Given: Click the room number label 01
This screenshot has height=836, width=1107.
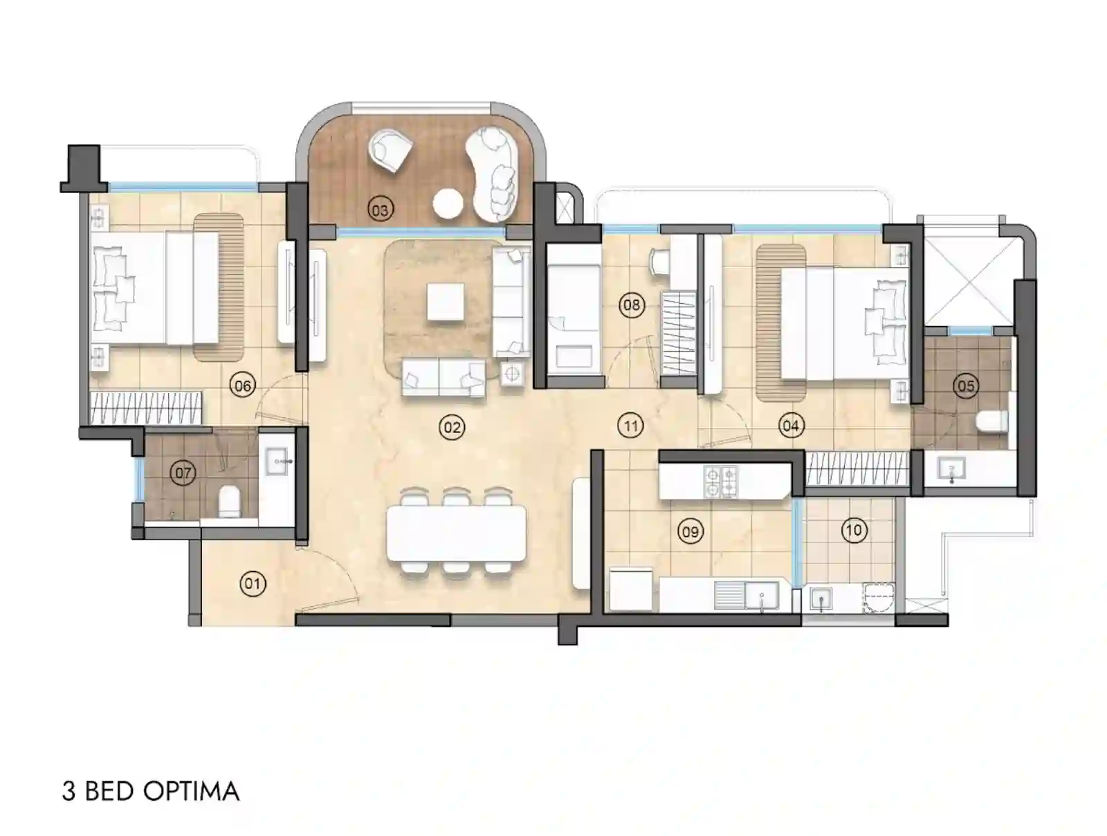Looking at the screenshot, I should click(253, 583).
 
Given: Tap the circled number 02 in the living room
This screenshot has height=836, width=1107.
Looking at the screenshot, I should click(452, 427).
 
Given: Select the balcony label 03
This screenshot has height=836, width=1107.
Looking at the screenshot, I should click(380, 209).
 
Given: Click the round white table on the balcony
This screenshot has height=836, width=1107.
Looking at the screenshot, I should click(448, 203).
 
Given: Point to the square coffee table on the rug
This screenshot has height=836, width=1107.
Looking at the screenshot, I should click(445, 302).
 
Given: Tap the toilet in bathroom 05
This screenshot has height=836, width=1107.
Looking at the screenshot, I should click(991, 421).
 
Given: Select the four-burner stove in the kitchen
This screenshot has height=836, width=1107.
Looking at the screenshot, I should click(720, 482).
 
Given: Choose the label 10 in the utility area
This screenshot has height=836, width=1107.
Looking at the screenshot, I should click(854, 531).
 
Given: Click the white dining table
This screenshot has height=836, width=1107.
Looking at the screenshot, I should click(456, 533).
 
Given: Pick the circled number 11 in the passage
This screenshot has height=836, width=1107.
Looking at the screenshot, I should click(630, 426).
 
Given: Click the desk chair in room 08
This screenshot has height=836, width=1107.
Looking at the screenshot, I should click(658, 262).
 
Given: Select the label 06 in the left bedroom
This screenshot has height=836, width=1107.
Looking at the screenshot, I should click(243, 385).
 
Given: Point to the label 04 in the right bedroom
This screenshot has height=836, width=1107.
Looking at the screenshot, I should click(791, 426).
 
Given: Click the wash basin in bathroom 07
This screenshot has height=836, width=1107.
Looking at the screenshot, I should click(278, 460).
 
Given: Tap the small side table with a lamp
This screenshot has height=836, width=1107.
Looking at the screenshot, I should click(512, 374).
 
